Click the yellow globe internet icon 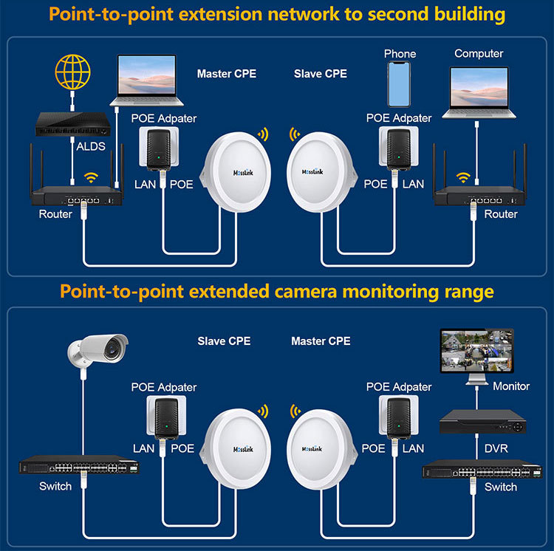tap(73, 72)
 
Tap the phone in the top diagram tap(399, 84)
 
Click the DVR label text tap(496, 448)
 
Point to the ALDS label tap(91, 146)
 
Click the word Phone tap(400, 54)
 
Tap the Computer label tap(479, 53)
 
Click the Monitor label tap(511, 386)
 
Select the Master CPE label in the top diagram tap(227, 73)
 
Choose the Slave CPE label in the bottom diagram tap(224, 340)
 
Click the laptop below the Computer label tap(479, 93)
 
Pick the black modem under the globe tap(73, 124)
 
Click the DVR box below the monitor tap(482, 422)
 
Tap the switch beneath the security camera tap(79, 465)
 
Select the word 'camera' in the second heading tap(305, 292)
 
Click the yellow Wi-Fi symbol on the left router tap(91, 177)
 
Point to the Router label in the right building tap(501, 214)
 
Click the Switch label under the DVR tap(501, 487)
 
